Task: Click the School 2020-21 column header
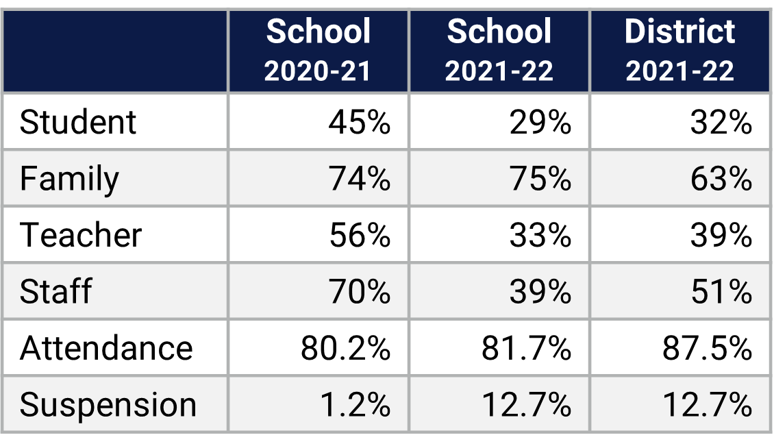point(318,51)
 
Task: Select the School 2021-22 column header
point(499,51)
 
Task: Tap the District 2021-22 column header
point(679,51)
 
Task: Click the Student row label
point(78,122)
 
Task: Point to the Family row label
point(69,179)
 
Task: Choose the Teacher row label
point(81,235)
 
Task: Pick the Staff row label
point(55,291)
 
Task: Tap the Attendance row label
point(106,348)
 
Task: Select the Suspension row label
point(108,404)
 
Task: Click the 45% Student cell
point(359,122)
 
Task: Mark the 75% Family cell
point(540,179)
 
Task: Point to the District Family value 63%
point(721,179)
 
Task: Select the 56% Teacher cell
point(359,235)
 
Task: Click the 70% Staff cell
point(359,291)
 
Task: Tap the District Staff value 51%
point(721,291)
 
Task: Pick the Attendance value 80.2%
point(345,348)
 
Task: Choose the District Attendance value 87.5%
point(707,348)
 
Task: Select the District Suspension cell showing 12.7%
point(707,404)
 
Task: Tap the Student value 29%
point(540,122)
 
